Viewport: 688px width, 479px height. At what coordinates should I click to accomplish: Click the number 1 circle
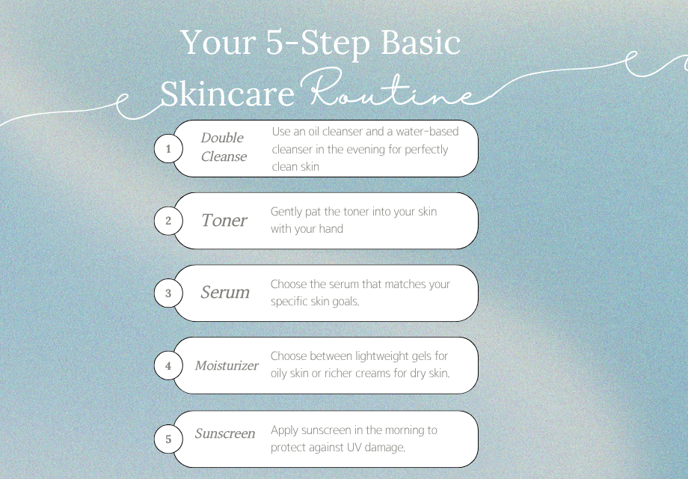pyautogui.click(x=168, y=149)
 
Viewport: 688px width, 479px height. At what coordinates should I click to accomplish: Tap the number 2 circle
pyautogui.click(x=168, y=221)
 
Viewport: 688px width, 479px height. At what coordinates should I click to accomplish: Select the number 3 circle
pyautogui.click(x=168, y=293)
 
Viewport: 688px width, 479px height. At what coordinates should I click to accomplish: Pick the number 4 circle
pyautogui.click(x=168, y=366)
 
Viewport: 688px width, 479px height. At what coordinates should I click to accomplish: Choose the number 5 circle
pyautogui.click(x=168, y=439)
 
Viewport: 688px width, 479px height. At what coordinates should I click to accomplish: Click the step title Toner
pyautogui.click(x=224, y=220)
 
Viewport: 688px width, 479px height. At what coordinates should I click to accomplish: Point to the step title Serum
pyautogui.click(x=225, y=293)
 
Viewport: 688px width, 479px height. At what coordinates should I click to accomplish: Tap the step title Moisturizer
pyautogui.click(x=227, y=365)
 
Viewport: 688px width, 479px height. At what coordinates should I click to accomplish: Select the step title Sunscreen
pyautogui.click(x=225, y=433)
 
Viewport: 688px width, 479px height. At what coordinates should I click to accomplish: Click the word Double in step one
pyautogui.click(x=222, y=138)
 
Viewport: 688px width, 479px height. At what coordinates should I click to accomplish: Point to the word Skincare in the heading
pyautogui.click(x=227, y=94)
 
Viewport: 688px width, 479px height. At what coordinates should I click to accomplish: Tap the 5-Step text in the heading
pyautogui.click(x=318, y=43)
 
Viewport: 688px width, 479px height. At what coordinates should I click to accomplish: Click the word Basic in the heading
pyautogui.click(x=420, y=42)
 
